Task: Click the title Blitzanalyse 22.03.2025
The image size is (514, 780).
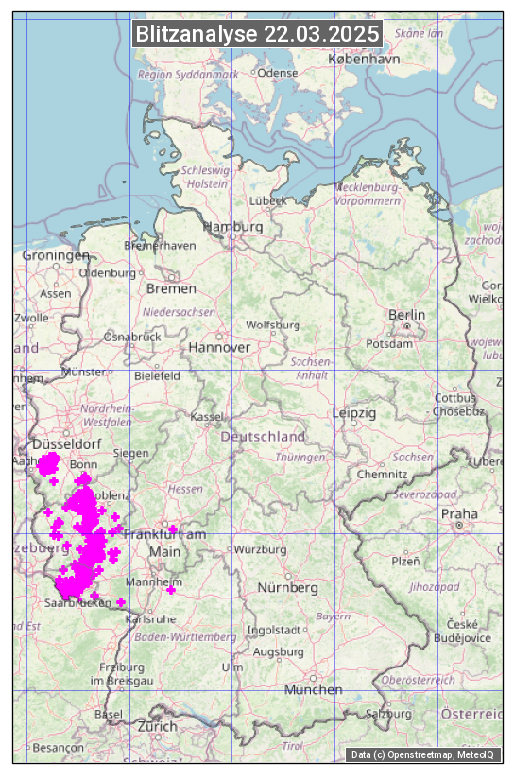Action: pyautogui.click(x=257, y=34)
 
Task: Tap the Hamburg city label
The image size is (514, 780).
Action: pyautogui.click(x=232, y=228)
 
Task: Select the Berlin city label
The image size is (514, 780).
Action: pyautogui.click(x=406, y=315)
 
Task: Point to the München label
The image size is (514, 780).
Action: pyautogui.click(x=314, y=689)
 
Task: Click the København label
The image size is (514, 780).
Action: pyautogui.click(x=364, y=59)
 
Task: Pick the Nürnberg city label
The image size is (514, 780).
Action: pyautogui.click(x=288, y=587)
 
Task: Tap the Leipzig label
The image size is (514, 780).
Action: pyautogui.click(x=354, y=413)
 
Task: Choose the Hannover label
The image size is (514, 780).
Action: pyautogui.click(x=219, y=347)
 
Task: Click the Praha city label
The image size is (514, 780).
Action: pyautogui.click(x=458, y=513)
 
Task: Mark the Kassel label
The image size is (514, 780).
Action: pyautogui.click(x=206, y=416)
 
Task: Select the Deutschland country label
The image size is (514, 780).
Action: pyautogui.click(x=263, y=437)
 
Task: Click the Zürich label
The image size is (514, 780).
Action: pyautogui.click(x=157, y=726)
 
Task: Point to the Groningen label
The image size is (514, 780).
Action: pyautogui.click(x=56, y=255)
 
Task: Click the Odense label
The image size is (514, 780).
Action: pyautogui.click(x=278, y=72)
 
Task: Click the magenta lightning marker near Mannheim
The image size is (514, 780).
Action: pyautogui.click(x=171, y=590)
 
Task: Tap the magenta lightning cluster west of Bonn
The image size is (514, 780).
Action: pyautogui.click(x=48, y=463)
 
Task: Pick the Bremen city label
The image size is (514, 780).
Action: pyautogui.click(x=171, y=288)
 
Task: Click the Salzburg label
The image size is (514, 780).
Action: pyautogui.click(x=388, y=713)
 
